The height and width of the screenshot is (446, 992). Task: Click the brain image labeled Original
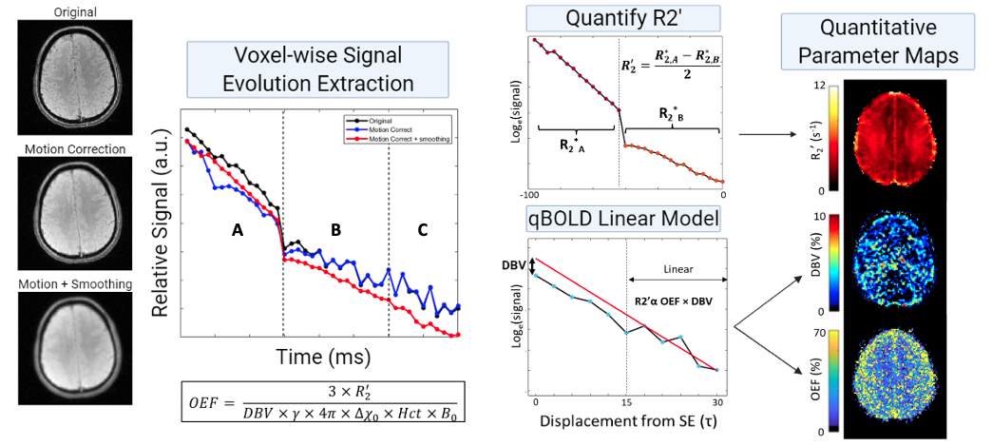(x=74, y=81)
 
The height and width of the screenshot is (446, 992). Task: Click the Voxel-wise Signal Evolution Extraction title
(x=317, y=69)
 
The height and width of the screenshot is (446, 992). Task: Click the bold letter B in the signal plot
(x=334, y=230)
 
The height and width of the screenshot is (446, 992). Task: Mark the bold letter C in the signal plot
(x=423, y=230)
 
